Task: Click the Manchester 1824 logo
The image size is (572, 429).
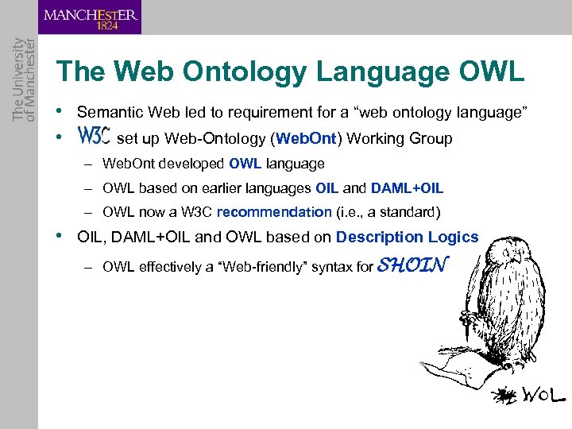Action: click(x=91, y=17)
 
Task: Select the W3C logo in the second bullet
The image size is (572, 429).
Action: click(x=94, y=137)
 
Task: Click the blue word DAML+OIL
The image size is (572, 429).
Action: click(x=407, y=188)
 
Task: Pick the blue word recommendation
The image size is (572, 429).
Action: click(x=274, y=212)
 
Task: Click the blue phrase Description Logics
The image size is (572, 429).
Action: click(x=407, y=237)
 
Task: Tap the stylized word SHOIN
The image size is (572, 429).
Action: click(x=413, y=265)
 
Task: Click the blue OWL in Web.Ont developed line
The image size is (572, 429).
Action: click(x=245, y=164)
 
